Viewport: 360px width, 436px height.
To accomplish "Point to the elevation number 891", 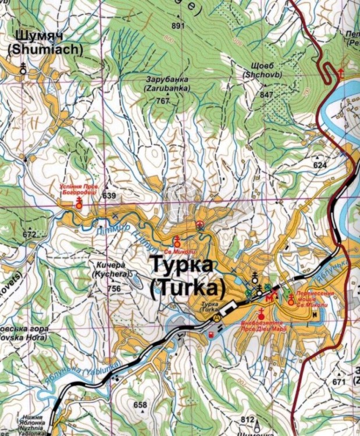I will pos(178,26).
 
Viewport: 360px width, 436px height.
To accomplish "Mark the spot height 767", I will pos(163,101).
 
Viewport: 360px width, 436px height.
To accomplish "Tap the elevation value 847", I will pos(267,94).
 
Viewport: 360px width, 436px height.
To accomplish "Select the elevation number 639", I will pos(109,195).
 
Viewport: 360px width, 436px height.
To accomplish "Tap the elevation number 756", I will pos(114,289).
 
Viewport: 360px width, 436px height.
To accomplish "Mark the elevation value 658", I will pos(140,405).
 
